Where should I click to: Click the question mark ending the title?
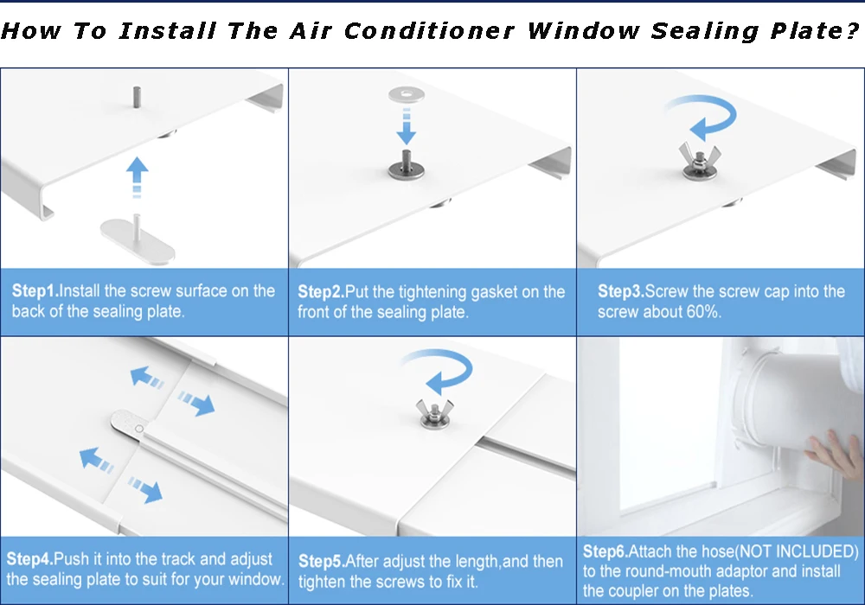coord(849,31)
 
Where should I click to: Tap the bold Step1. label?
coord(35,291)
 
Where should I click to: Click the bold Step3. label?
coord(621,291)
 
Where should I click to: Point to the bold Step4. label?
coord(31,559)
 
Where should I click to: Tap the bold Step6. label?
coord(605,551)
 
